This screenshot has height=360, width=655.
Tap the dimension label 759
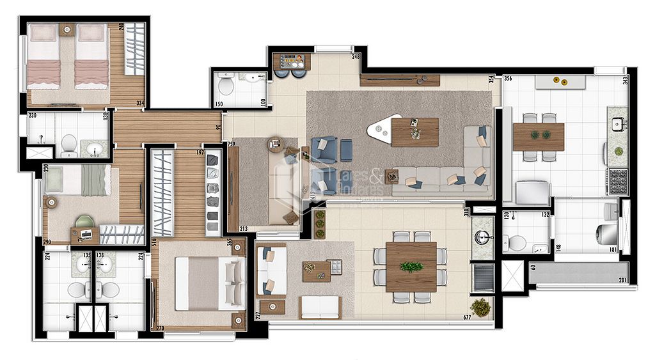point(231,144)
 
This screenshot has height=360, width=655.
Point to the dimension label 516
point(154,242)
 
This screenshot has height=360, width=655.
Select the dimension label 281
point(622,279)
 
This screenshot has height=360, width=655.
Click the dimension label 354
point(491,79)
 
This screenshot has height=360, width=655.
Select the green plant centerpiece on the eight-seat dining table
point(411,267)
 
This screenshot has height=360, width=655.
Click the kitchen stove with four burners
point(618,182)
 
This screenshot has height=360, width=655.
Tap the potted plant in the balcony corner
point(480,308)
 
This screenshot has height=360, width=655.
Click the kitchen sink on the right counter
point(618,124)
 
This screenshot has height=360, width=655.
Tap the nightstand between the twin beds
point(68,29)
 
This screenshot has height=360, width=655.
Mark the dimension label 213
point(243,228)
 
